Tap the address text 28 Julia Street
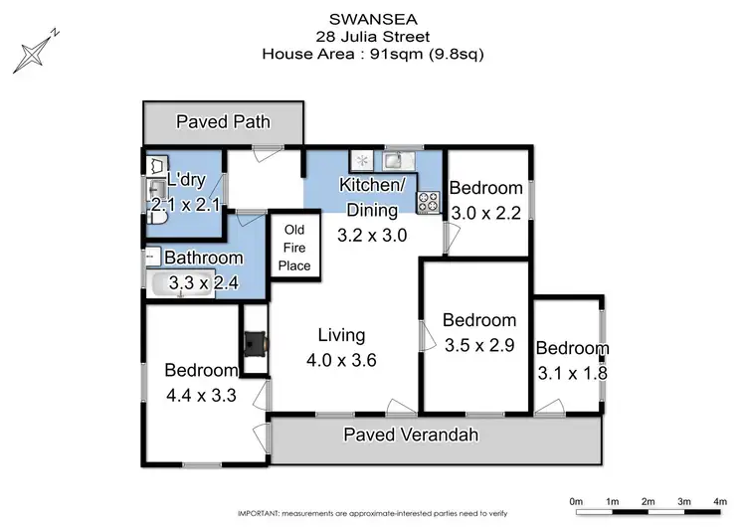pos(372,38)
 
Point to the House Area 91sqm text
pos(372,56)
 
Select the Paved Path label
pos(223,122)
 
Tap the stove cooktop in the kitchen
pos(429,202)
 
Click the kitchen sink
pos(393,160)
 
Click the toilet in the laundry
pos(155,167)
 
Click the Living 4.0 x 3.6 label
pos(341,348)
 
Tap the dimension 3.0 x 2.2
pos(486,213)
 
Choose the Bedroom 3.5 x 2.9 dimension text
pos(479,345)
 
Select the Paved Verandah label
pos(411,435)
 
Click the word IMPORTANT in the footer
pos(261,513)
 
